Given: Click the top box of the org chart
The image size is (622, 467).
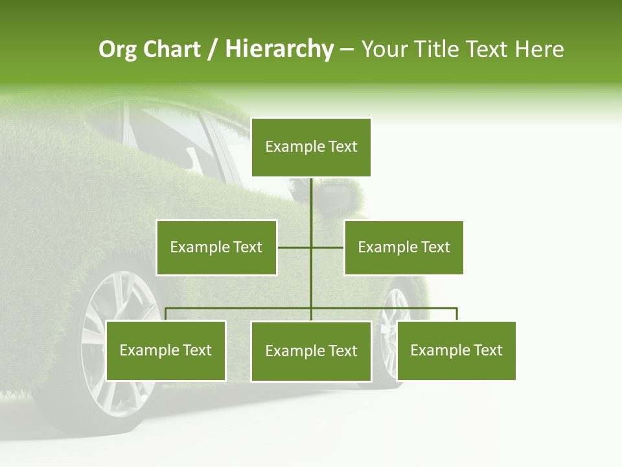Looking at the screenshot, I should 311,147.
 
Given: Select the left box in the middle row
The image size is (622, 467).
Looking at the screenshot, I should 216,247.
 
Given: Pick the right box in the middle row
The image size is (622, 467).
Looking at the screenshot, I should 404,247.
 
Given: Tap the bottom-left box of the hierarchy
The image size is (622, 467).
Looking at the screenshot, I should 166,351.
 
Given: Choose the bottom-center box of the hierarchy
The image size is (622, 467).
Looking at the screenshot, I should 311,352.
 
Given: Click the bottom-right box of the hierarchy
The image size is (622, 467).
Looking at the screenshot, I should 456,351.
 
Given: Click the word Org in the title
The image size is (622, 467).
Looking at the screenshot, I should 117,49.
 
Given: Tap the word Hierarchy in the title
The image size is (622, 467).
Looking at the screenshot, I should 279,49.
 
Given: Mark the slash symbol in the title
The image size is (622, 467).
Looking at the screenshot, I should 213,50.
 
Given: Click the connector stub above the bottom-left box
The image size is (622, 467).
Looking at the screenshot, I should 166,314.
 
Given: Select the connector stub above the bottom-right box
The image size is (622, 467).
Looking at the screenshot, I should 456,314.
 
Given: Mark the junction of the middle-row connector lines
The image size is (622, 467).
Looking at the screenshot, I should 311,247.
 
